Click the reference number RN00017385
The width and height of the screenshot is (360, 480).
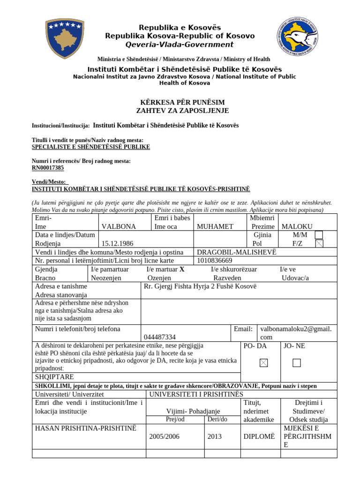click(48, 168)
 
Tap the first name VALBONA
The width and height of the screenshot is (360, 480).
click(119, 226)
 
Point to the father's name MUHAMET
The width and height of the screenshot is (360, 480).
click(215, 226)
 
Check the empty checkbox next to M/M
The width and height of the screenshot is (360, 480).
click(319, 235)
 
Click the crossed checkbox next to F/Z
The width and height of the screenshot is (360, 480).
click(319, 243)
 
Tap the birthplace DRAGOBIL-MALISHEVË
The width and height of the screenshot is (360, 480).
click(237, 252)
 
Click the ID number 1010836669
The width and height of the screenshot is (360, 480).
click(215, 261)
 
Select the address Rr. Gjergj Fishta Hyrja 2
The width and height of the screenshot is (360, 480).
click(200, 286)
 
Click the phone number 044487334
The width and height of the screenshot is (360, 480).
click(160, 337)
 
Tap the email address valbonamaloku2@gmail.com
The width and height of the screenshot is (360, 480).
click(302, 333)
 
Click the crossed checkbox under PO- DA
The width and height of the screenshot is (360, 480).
click(264, 363)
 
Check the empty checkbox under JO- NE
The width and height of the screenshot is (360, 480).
click(296, 363)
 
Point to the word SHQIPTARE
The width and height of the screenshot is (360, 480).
click(54, 376)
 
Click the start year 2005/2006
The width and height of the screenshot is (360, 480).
click(164, 436)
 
